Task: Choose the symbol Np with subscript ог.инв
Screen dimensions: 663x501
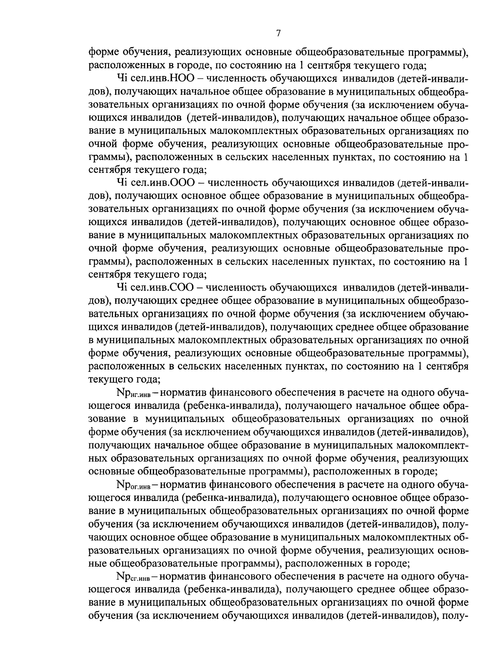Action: click(134, 485)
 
